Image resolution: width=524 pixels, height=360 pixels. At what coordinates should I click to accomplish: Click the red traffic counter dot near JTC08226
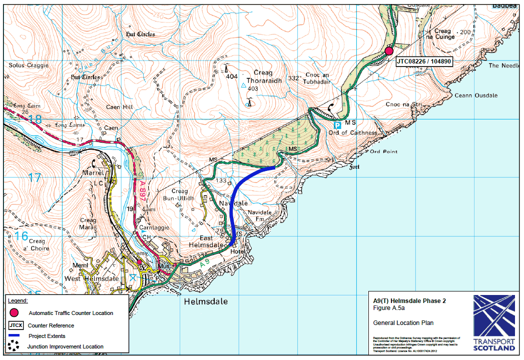(x=389, y=50)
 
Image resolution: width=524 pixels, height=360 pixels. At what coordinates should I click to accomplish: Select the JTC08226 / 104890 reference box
(x=423, y=62)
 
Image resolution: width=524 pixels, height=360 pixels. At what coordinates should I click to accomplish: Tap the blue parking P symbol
(x=338, y=125)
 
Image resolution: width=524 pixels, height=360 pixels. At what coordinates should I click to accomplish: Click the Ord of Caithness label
(x=352, y=132)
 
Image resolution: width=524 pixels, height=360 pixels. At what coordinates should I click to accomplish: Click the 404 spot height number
(x=231, y=76)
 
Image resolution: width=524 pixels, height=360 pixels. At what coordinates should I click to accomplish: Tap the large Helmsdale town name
(x=206, y=301)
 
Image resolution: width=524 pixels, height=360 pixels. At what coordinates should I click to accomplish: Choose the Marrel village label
(x=94, y=173)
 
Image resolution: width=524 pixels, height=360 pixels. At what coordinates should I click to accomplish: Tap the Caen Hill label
(x=119, y=107)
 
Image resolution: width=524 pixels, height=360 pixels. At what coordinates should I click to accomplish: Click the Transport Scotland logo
(x=494, y=322)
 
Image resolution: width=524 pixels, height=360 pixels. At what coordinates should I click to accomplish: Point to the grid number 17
(x=35, y=177)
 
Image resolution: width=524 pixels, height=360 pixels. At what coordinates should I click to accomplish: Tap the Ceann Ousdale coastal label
(x=476, y=95)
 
